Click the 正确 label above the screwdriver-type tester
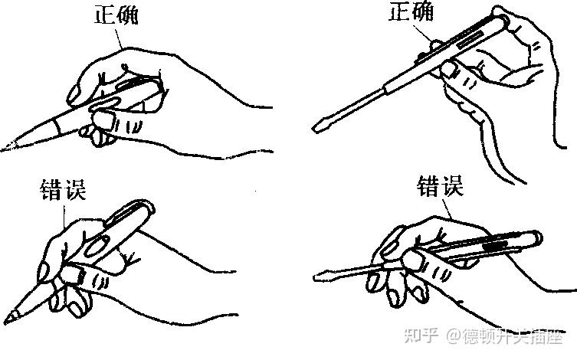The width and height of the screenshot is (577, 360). click(411, 11)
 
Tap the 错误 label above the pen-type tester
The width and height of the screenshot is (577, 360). click(64, 190)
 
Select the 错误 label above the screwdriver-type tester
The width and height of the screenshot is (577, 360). click(440, 186)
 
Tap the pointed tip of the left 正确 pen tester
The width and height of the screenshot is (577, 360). click(5, 149)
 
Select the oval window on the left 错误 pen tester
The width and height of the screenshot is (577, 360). click(97, 246)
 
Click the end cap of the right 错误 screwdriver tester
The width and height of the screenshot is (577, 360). click(536, 240)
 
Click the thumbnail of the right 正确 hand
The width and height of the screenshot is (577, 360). click(449, 69)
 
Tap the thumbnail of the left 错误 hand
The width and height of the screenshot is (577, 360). click(70, 274)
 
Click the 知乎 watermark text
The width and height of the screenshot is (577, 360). click(421, 335)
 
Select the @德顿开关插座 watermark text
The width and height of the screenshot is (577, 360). click(505, 335)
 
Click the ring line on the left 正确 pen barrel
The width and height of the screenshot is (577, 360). click(57, 126)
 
